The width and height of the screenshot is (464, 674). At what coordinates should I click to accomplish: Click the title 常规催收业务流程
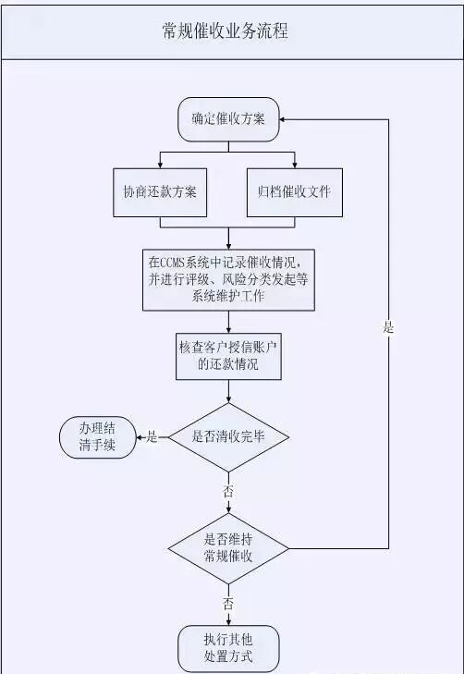[226, 31]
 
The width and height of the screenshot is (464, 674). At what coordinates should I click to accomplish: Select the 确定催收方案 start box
[227, 119]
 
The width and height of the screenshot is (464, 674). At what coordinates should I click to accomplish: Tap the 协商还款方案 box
[159, 192]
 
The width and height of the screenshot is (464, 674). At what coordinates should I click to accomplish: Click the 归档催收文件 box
[294, 192]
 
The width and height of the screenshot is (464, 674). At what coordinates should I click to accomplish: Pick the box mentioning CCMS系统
[227, 278]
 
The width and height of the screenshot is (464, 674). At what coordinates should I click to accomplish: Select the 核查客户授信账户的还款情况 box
[227, 357]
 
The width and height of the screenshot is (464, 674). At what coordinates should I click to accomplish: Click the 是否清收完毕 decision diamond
[227, 436]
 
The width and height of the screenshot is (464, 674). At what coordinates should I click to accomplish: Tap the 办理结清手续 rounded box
[97, 436]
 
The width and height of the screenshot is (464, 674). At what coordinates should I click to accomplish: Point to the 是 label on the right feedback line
[388, 327]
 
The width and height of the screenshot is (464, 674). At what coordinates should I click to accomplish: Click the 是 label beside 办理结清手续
[151, 436]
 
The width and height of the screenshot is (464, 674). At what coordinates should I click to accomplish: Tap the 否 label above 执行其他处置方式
[227, 603]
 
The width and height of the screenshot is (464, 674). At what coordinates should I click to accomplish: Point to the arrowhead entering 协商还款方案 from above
[159, 164]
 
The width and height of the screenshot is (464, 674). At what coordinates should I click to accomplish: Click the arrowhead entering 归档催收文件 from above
[294, 164]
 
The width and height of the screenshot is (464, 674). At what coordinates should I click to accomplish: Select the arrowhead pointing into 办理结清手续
[140, 436]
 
